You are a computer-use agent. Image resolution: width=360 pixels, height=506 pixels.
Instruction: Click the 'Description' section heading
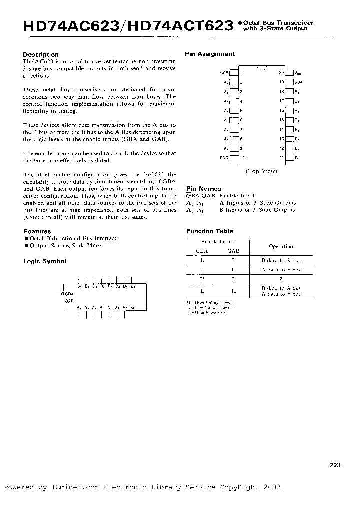pos(41,55)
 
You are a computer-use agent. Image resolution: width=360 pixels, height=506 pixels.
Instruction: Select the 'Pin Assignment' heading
pos(209,54)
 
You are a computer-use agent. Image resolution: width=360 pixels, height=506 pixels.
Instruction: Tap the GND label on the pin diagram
pos(224,158)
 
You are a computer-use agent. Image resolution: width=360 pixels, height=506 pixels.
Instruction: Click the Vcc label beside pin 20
pos(298,72)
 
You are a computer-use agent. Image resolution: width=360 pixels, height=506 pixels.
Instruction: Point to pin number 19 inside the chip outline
pos(281,81)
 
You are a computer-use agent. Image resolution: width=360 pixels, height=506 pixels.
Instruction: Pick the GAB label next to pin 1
pos(224,72)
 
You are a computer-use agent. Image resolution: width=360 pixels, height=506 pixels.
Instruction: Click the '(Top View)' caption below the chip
pos(261,171)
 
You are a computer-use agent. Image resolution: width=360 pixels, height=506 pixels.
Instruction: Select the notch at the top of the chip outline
pos(261,68)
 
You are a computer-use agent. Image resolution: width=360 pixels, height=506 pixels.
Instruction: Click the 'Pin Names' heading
pos(203,189)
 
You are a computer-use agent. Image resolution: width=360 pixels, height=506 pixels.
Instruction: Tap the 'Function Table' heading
pos(210,231)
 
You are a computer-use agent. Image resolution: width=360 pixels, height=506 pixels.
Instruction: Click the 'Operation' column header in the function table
pos(281,246)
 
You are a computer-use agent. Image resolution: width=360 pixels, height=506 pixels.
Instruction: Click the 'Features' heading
pos(37,231)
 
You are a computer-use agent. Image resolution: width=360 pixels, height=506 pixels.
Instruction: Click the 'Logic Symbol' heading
pos(45,261)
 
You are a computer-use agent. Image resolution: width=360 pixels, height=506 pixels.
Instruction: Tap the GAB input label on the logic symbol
pos(69,301)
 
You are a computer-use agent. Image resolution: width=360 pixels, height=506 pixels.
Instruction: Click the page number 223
pos(335,465)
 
